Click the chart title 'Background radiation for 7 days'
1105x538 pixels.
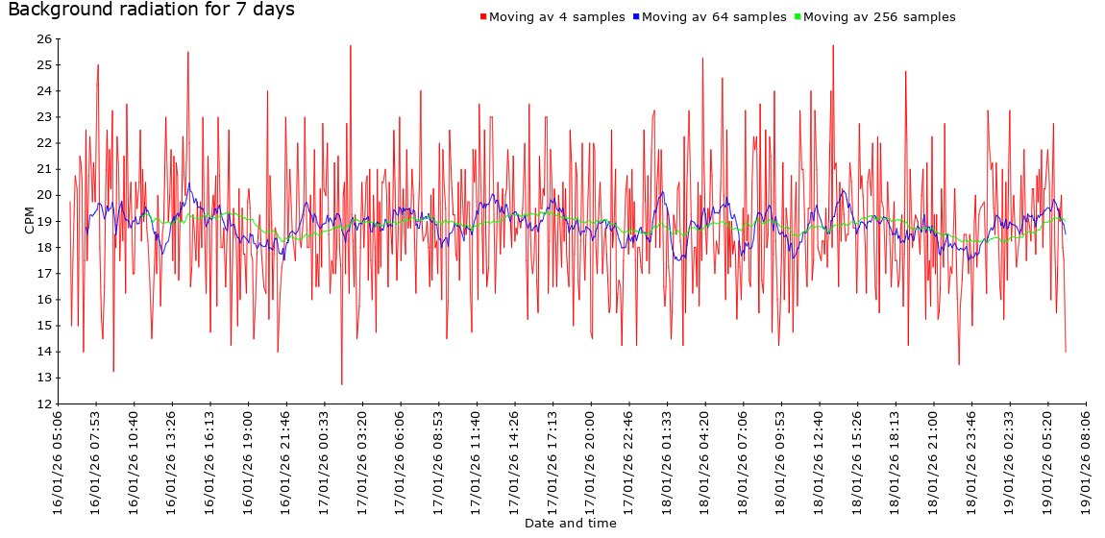(151, 10)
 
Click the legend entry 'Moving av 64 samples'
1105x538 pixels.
(713, 17)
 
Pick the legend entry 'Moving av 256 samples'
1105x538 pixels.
(878, 17)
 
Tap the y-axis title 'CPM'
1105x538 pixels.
(29, 221)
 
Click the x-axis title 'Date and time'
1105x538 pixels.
(570, 524)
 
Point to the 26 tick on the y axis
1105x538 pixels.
(44, 39)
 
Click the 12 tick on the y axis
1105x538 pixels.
(44, 403)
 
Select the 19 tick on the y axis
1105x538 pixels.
(44, 221)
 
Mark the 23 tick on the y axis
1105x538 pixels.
(44, 117)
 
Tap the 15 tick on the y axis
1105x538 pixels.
(44, 326)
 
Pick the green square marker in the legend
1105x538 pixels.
(797, 17)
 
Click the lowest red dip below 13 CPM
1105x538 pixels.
(342, 384)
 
